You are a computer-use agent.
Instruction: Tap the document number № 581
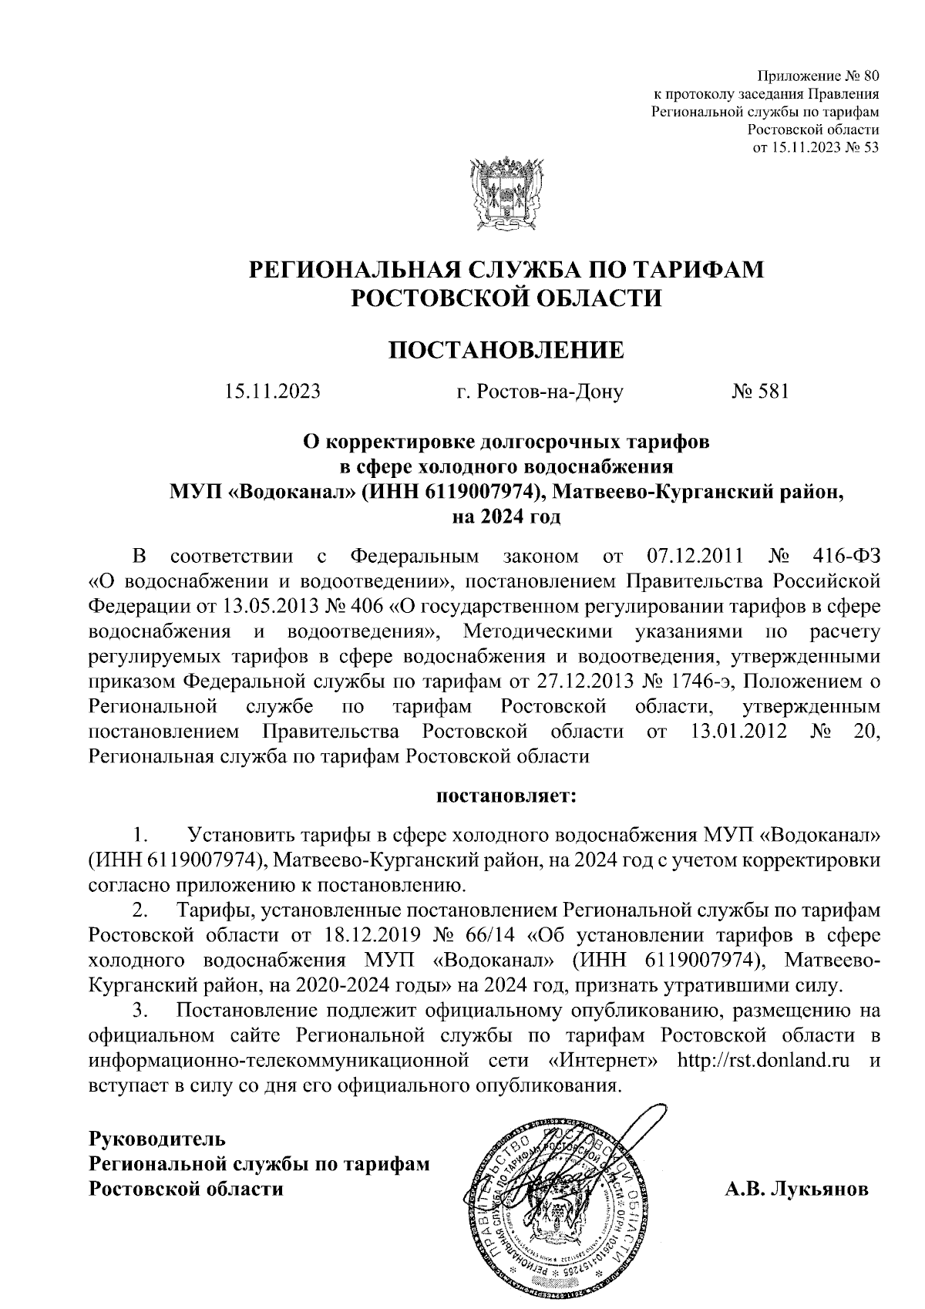759,392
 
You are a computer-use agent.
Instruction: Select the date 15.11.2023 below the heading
272,392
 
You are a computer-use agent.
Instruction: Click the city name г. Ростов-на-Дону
540,392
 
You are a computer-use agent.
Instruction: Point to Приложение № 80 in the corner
819,76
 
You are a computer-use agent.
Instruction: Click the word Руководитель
157,1138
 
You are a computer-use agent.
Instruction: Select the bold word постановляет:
506,796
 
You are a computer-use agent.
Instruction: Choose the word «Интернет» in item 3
604,1060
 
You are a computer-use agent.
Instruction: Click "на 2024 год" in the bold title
506,516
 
